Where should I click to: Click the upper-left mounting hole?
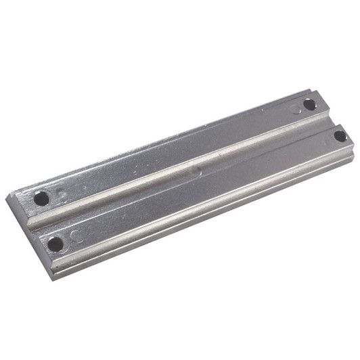tap(42, 198)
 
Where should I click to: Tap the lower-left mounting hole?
tap(55, 243)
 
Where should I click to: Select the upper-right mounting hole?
tap(309, 104)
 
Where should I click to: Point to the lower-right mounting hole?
tap(340, 136)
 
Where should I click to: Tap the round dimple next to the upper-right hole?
tap(295, 108)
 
